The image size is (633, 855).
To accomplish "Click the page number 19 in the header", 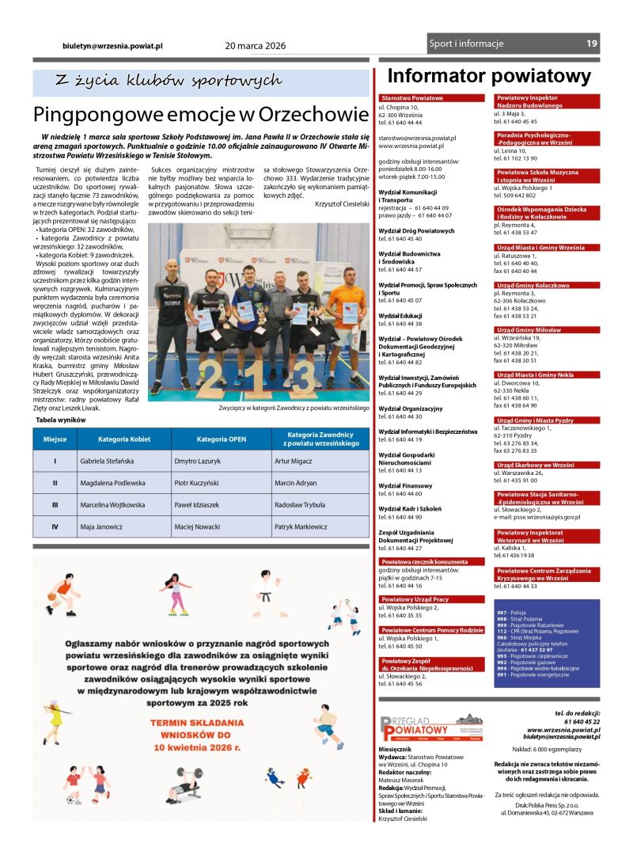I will click(x=592, y=44).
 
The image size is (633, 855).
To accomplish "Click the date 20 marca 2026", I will click(x=256, y=46).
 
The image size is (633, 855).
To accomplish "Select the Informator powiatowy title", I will click(x=489, y=76).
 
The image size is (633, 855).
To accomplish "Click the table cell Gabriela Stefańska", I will click(x=112, y=460).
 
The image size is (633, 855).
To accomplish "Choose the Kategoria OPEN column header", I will click(x=222, y=439).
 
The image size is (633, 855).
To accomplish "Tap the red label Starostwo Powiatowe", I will click(x=411, y=98).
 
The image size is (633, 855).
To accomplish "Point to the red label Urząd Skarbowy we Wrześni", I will click(x=535, y=465).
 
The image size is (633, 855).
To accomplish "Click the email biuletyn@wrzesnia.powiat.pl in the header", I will click(x=113, y=47).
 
